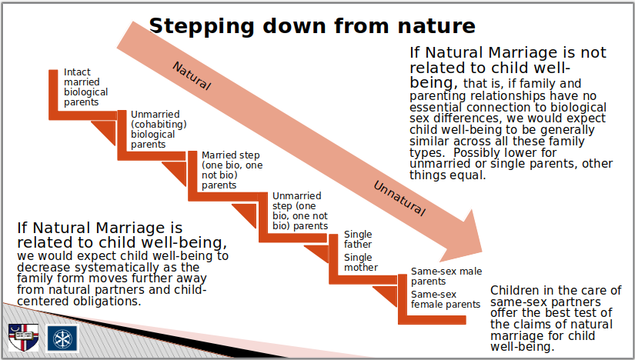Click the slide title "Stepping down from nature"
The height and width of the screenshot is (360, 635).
312,25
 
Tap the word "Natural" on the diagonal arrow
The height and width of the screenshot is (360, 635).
192,75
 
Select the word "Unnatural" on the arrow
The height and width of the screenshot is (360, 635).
399,198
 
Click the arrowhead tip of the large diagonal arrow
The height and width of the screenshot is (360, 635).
482,252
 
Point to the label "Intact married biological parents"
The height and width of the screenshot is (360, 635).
86,87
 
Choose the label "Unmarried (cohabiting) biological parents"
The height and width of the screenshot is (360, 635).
159,129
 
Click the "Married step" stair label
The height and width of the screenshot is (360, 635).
232,170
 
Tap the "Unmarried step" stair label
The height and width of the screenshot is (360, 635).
300,211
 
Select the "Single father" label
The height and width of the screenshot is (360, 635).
358,239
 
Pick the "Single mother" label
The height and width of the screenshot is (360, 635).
361,262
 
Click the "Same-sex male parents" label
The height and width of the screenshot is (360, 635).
446,276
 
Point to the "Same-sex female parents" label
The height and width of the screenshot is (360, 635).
446,299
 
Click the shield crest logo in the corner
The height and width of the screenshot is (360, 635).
24,337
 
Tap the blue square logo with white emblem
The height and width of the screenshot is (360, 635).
63,338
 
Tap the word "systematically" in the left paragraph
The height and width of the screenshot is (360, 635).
118,268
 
